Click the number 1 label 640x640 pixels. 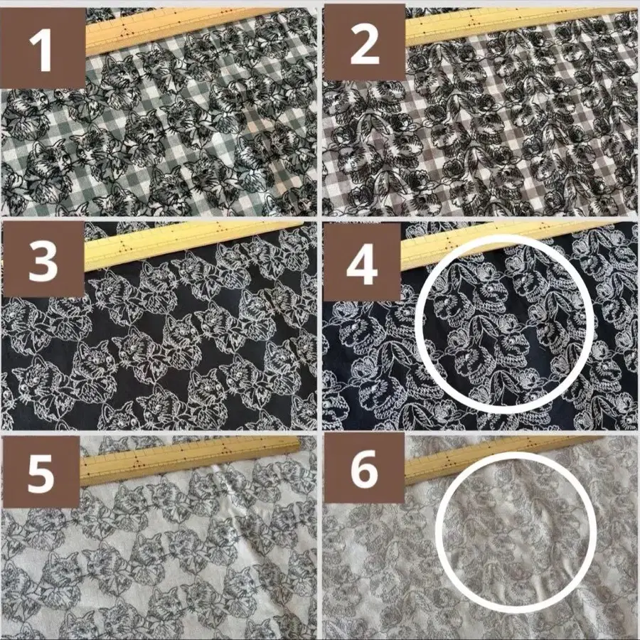pyautogui.click(x=41, y=51)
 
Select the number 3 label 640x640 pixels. pyautogui.click(x=43, y=260)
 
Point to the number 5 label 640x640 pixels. pyautogui.click(x=41, y=473)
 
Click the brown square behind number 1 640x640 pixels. pyautogui.click(x=43, y=48)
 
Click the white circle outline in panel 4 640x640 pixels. pyautogui.click(x=416, y=324)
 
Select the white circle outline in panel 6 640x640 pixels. pyautogui.click(x=437, y=533)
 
